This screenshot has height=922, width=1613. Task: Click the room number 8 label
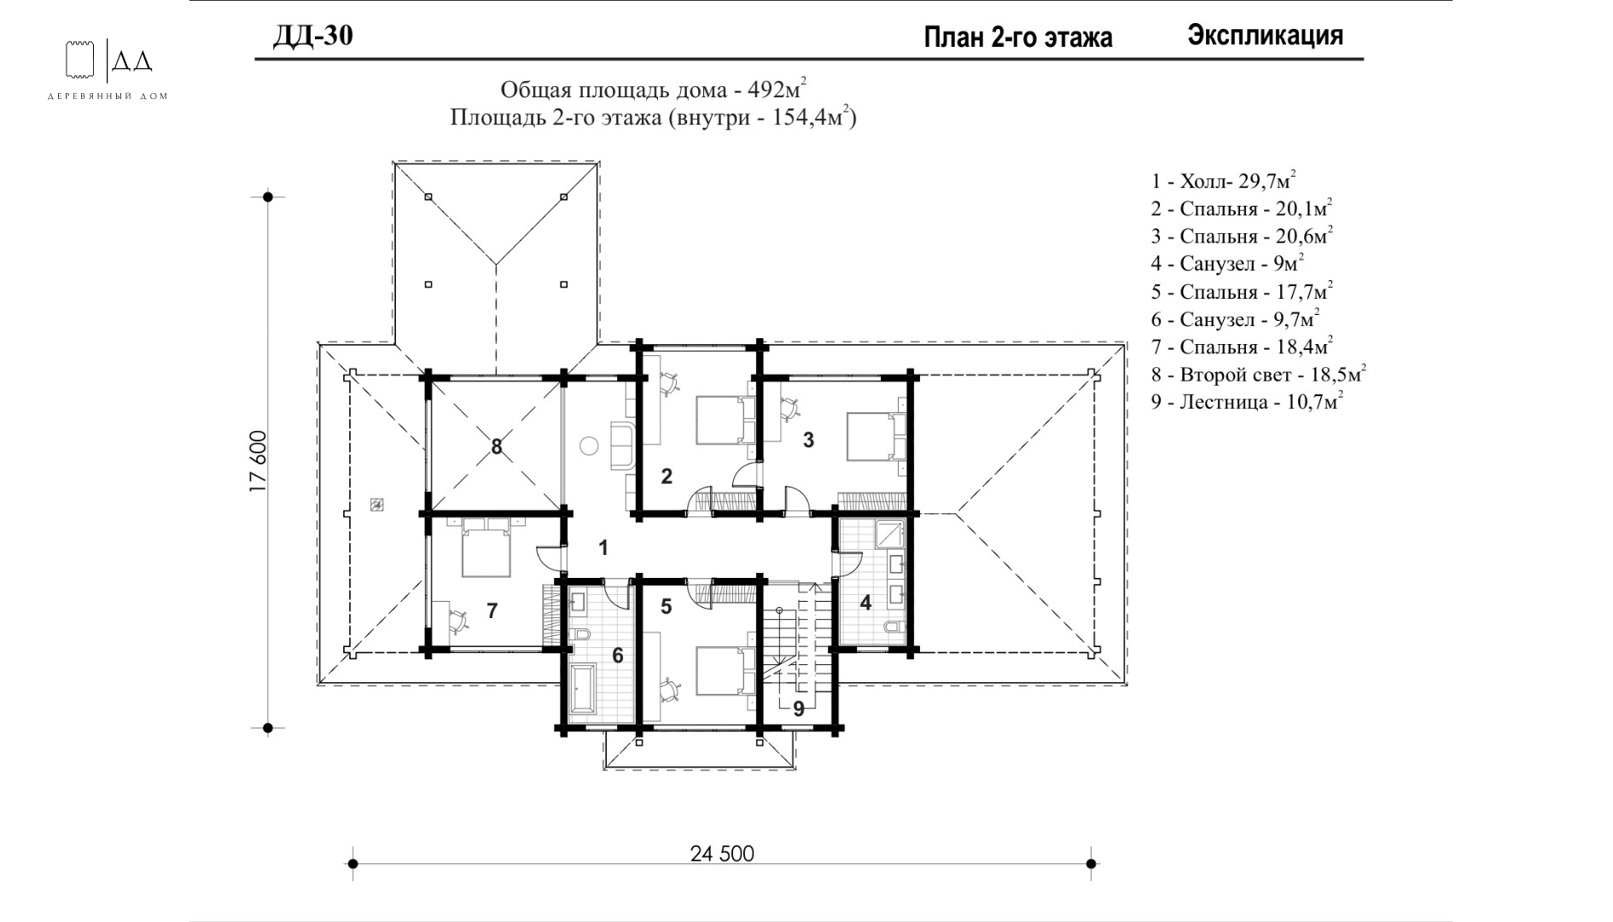point(497,446)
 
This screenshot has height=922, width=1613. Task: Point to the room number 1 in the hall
point(603,548)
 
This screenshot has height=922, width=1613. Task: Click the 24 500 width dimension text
point(722,853)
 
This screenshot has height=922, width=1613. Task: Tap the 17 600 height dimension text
point(259,462)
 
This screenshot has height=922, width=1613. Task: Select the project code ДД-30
point(312,36)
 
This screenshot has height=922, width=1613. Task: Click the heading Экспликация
point(1266,36)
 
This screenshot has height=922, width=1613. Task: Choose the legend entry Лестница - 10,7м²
point(1247,401)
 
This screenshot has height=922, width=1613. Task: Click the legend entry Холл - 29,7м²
point(1223,181)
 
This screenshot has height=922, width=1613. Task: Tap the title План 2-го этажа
point(1018,38)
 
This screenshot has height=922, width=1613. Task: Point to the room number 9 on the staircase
point(799,709)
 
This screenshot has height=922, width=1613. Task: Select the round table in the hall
point(589,446)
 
